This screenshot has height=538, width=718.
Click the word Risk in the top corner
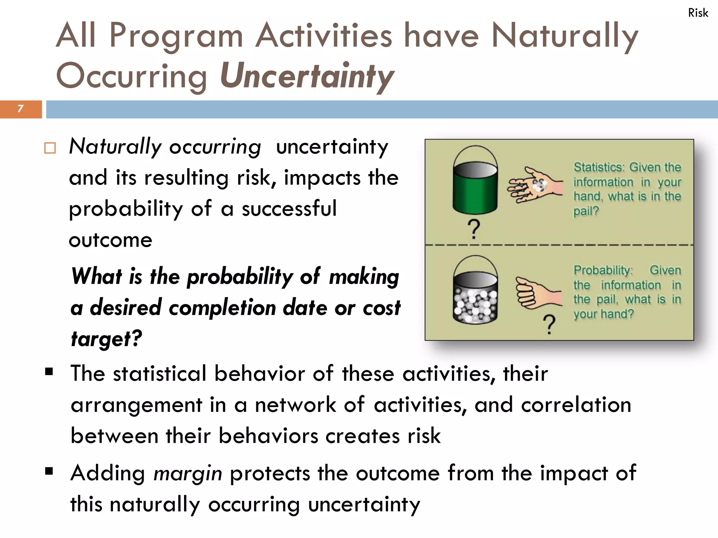[698, 13]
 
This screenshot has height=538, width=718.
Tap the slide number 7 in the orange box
[21, 109]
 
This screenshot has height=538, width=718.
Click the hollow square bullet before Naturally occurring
[50, 148]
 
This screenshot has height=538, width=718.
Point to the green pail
[475, 187]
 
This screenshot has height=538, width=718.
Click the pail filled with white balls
[475, 298]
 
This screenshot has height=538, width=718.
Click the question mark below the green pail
[474, 229]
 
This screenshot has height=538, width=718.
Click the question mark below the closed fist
[549, 324]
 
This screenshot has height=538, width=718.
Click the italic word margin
[188, 474]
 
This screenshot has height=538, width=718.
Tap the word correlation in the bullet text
[576, 405]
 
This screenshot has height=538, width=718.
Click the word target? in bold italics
[106, 339]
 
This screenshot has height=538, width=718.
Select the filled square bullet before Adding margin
[49, 471]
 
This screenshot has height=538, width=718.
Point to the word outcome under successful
[110, 240]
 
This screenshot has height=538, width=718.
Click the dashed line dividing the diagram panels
[559, 245]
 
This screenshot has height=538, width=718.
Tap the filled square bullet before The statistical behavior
[49, 371]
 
